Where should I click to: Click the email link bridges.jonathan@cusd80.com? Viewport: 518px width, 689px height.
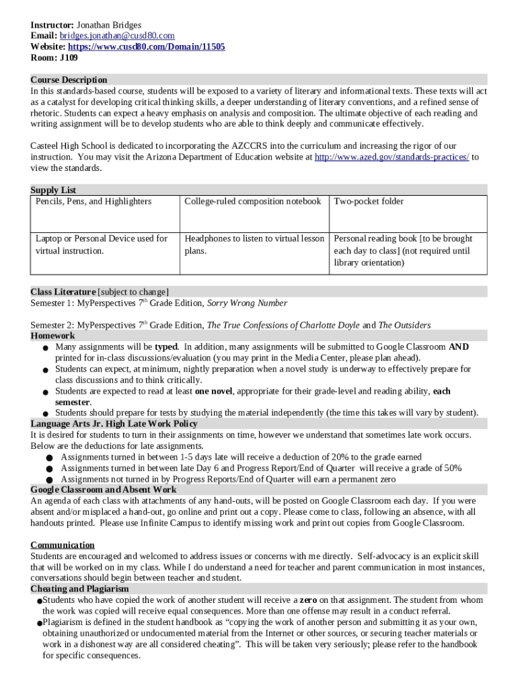tap(118, 36)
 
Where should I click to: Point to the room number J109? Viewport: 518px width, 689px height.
tap(69, 57)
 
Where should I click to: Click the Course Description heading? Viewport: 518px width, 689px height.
tap(69, 79)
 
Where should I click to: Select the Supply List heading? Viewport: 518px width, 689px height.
tap(53, 190)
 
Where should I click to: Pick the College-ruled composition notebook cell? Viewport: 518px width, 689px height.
tap(252, 201)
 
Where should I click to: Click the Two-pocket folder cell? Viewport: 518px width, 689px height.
tap(369, 201)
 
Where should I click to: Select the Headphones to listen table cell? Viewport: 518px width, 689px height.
tap(254, 244)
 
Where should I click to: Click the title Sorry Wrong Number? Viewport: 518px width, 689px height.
tap(247, 303)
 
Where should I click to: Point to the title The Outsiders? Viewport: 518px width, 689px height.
tap(405, 325)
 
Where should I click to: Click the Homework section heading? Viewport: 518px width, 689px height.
tap(52, 335)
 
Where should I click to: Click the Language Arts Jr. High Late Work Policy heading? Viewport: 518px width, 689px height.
tap(114, 423)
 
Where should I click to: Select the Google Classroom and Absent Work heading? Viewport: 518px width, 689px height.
tap(104, 489)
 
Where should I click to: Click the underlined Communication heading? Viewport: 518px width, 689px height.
tap(63, 544)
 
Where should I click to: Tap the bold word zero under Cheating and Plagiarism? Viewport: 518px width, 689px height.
tap(308, 600)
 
